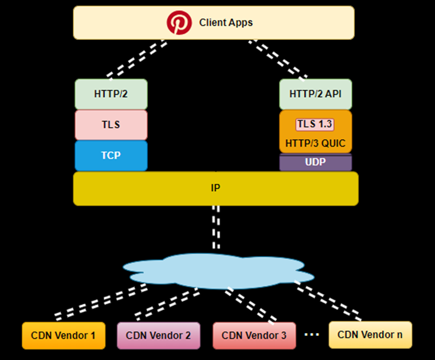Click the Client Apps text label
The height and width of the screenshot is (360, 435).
coord(226,23)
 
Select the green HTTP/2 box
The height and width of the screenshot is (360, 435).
coord(111,94)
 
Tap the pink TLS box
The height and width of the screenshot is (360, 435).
coord(111,125)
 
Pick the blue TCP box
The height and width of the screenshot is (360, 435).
coord(111,155)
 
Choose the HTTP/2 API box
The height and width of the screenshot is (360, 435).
coord(316,94)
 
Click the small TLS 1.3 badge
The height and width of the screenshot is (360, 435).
coord(315,125)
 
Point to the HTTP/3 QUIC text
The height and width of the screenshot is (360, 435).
coord(315,143)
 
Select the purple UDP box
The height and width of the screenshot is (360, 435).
coord(316,163)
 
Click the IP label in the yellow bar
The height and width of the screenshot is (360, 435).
coord(215,188)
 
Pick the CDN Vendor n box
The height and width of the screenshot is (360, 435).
coord(370,334)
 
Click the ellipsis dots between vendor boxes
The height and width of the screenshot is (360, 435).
coord(311,334)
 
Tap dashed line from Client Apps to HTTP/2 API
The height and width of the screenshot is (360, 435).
coord(278,59)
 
